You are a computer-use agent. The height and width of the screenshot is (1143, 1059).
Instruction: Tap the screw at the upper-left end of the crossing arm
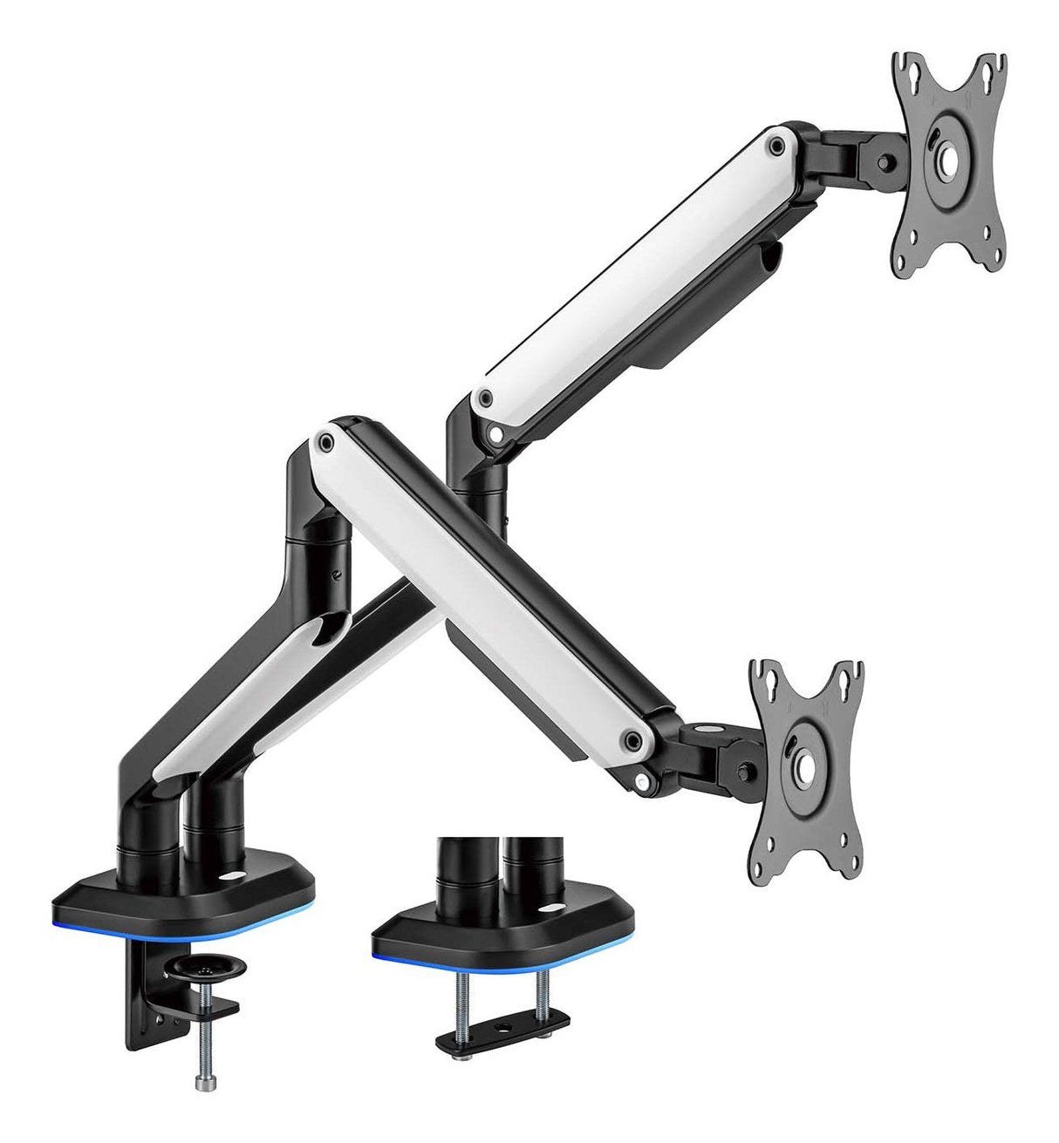click(327, 444)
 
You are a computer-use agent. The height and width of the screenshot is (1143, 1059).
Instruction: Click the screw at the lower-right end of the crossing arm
click(632, 741)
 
